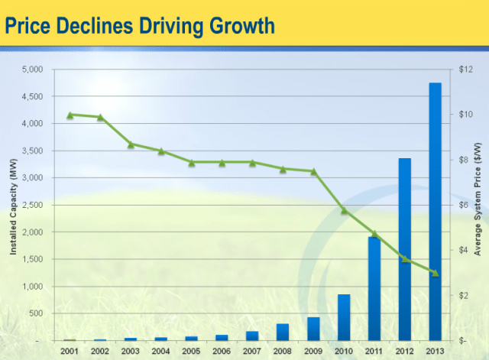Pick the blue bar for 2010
pos(344,317)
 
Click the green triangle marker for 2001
pos(70,115)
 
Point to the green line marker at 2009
pos(313,171)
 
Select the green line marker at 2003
pos(131,144)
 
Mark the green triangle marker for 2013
pos(435,273)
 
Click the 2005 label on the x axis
pos(191,350)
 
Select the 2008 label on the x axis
pos(283,350)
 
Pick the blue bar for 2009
pos(313,329)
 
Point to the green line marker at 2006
pos(222,162)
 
